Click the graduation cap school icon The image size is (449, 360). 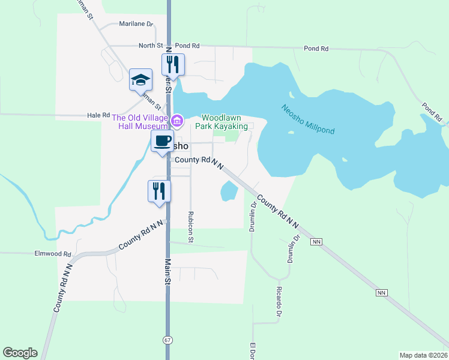pos(140,80)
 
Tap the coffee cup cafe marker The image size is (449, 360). pos(162,142)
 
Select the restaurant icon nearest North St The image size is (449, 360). pos(173,65)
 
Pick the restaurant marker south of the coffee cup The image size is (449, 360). pos(160,191)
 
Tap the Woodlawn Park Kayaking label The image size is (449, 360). pos(224,122)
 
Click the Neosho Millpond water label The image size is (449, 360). pos(308,119)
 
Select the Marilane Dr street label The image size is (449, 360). pos(136,25)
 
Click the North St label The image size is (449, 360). pos(151,46)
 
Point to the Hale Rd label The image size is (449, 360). pos(98,115)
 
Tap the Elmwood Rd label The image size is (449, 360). pos(53,254)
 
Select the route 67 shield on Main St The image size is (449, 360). pos(167,340)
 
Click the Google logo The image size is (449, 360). pos(20,353)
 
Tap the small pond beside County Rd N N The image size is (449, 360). pos(229,191)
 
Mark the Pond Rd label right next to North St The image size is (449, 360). pos(187,46)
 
